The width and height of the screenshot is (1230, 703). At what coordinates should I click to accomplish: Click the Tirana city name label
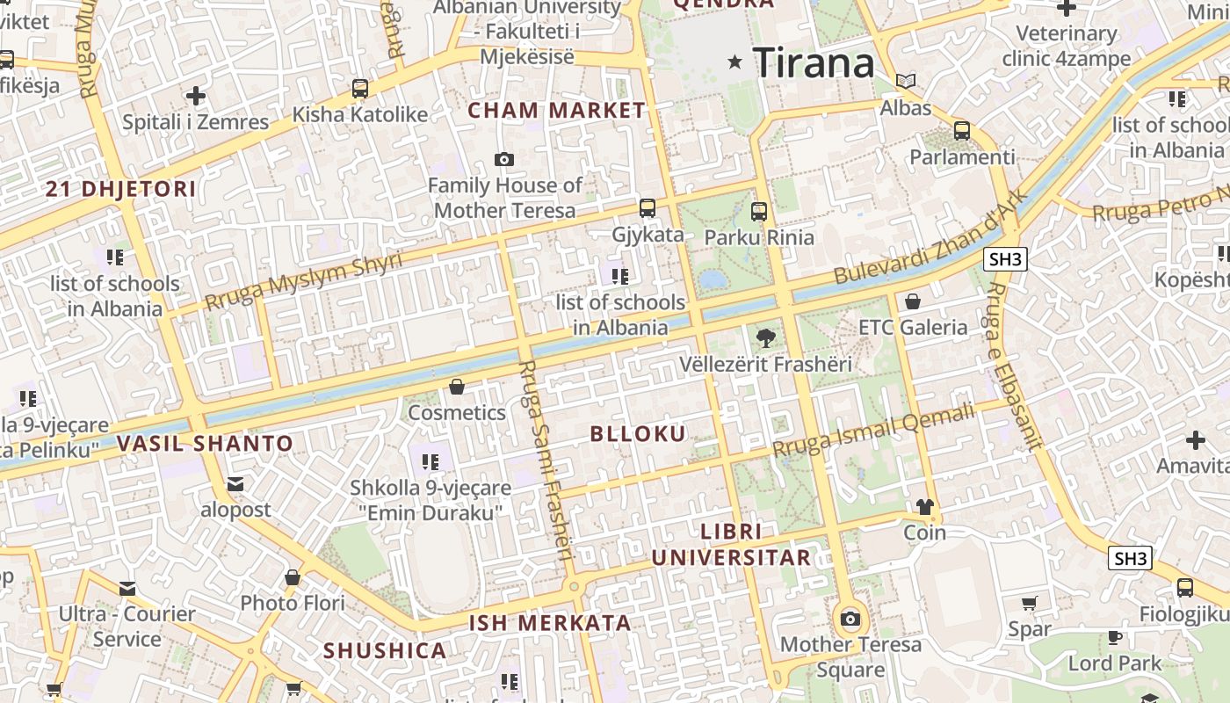(814, 62)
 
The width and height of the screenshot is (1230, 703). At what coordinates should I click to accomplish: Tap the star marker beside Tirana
(735, 62)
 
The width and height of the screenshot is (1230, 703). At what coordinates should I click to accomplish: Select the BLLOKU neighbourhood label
(638, 433)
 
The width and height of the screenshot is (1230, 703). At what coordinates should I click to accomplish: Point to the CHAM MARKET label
(556, 111)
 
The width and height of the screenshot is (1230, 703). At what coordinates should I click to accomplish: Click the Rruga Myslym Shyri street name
(303, 280)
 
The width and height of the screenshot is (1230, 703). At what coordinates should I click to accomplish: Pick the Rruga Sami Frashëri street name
(545, 460)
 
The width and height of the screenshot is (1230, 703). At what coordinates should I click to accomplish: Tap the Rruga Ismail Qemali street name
(874, 429)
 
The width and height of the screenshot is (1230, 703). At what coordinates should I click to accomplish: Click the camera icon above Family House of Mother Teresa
(503, 159)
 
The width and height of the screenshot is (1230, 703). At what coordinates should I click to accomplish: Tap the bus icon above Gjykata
(648, 208)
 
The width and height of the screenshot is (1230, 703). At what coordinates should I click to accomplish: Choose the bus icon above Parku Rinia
(759, 211)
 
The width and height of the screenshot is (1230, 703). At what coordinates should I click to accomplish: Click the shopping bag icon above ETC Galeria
(913, 301)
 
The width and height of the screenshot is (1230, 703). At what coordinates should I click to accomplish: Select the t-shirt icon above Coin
(924, 507)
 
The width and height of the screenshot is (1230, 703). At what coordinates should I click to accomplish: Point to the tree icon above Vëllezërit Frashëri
(766, 337)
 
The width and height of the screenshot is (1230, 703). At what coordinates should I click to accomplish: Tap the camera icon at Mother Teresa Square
(850, 619)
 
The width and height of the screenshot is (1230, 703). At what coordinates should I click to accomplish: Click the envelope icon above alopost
(235, 483)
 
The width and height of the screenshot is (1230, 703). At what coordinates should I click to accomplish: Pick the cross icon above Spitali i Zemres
(196, 96)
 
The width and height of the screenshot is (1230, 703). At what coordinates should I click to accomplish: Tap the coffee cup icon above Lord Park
(1115, 637)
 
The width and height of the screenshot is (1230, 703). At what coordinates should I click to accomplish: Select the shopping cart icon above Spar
(1029, 603)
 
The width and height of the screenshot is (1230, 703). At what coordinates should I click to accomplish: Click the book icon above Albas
(906, 81)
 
